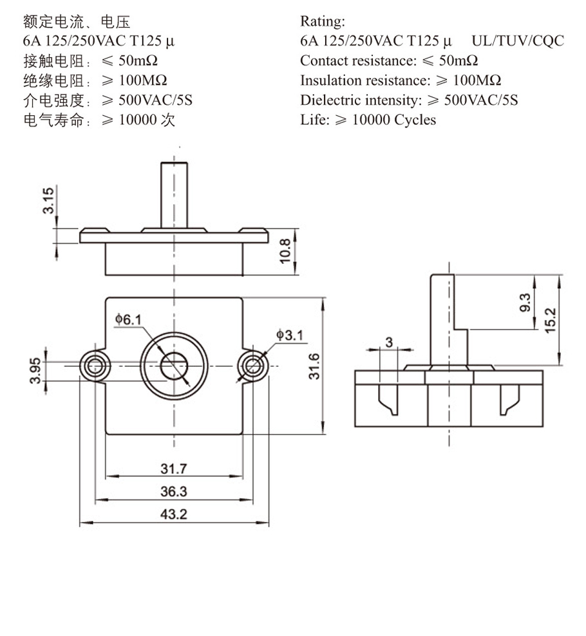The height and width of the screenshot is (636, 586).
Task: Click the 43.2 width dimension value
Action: coord(173,514)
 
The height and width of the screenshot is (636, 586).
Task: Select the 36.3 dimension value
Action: coord(173,491)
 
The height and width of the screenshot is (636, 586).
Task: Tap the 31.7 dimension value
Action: coord(173,468)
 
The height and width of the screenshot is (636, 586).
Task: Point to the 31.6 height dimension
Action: coord(314,366)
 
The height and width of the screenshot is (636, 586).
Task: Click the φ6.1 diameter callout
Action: coord(128,319)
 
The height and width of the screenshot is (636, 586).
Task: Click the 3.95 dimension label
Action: coord(39,371)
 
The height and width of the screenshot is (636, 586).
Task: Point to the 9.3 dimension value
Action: coord(524,302)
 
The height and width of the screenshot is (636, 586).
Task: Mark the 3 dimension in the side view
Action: coord(389,342)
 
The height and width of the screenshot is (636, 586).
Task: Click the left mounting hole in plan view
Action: coord(94,366)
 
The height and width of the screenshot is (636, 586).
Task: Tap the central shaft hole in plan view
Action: coord(173,366)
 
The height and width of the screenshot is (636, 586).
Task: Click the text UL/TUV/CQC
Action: coord(518,41)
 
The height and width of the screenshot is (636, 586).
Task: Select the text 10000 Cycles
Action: coord(394,120)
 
